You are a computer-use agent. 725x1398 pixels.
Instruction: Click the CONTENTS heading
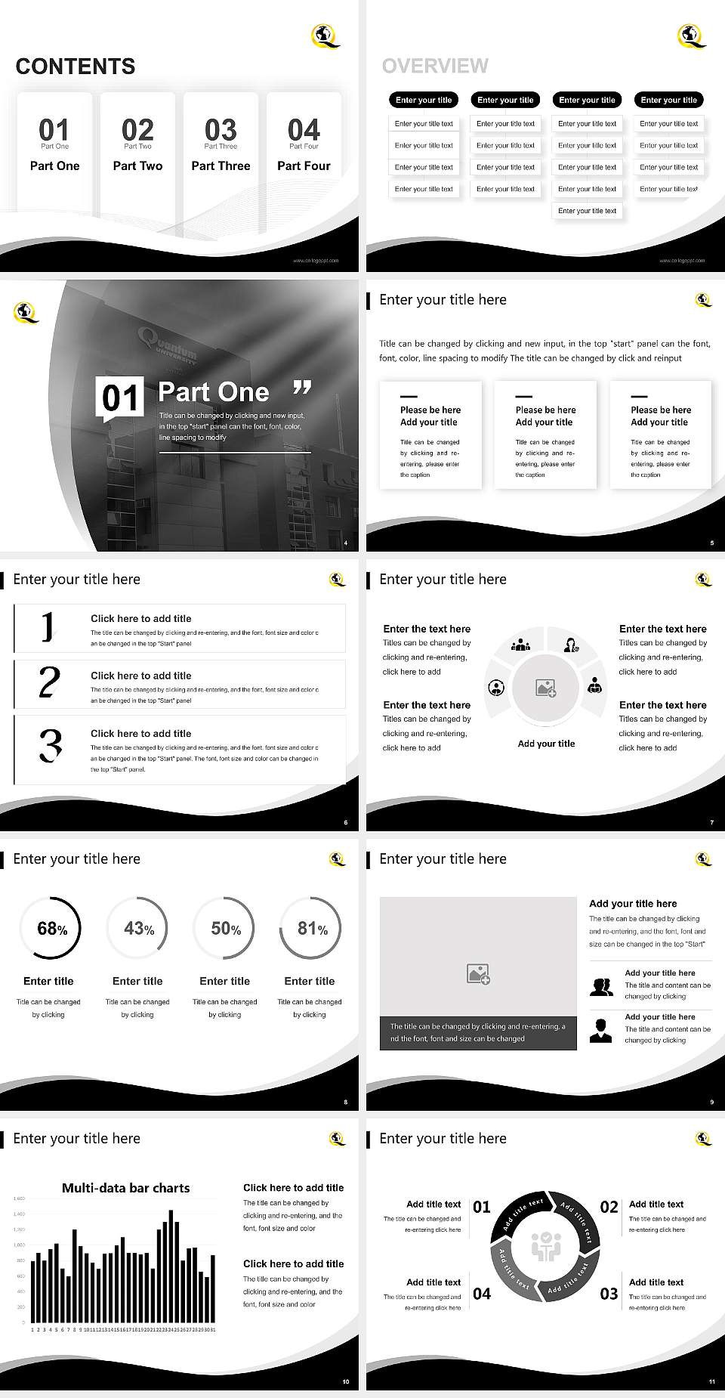76,66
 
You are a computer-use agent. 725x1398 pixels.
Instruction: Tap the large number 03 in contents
221,129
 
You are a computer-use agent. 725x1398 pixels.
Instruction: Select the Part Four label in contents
304,165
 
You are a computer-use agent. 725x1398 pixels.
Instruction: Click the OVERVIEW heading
435,66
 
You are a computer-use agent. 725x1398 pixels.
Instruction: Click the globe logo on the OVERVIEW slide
691,35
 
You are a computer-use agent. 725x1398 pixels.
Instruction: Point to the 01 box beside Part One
119,397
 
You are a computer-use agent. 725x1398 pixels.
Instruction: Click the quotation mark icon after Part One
302,388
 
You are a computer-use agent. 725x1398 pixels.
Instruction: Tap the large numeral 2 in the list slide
49,682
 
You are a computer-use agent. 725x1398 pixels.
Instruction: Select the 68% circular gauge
49,928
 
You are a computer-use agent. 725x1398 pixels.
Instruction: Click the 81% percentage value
312,928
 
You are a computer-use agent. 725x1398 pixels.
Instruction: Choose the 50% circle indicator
225,928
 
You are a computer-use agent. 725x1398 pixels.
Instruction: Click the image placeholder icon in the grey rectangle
478,973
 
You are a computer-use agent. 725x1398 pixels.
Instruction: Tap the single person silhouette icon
600,1030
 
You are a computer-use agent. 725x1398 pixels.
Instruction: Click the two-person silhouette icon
601,987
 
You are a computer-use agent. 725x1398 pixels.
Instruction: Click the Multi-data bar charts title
125,1188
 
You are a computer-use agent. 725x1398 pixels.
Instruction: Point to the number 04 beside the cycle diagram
482,1294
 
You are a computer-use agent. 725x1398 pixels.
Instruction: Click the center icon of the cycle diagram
545,1247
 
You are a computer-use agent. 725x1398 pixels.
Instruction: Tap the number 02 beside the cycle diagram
609,1207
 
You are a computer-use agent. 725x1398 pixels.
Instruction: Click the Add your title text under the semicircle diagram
546,744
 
